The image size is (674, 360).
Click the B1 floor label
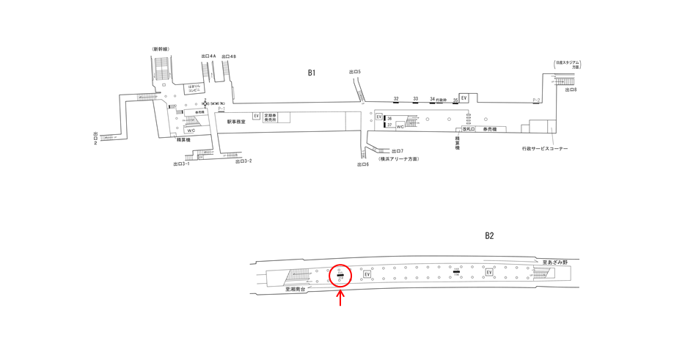click(312, 73)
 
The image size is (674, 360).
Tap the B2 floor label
click(489, 236)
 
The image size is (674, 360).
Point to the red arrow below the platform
click(340, 298)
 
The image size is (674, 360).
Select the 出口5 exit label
click(355, 71)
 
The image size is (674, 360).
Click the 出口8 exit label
click(571, 89)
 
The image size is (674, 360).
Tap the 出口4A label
click(208, 56)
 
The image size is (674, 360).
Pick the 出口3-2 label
click(243, 161)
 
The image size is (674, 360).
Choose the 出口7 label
click(398, 151)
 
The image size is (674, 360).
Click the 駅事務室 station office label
click(236, 122)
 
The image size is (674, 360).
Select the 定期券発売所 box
click(271, 117)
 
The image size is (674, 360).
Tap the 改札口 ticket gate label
click(469, 130)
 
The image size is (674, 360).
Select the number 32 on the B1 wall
click(396, 98)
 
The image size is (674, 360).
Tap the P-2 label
click(536, 100)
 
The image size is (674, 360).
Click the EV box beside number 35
click(464, 98)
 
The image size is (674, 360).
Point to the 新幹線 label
click(161, 49)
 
